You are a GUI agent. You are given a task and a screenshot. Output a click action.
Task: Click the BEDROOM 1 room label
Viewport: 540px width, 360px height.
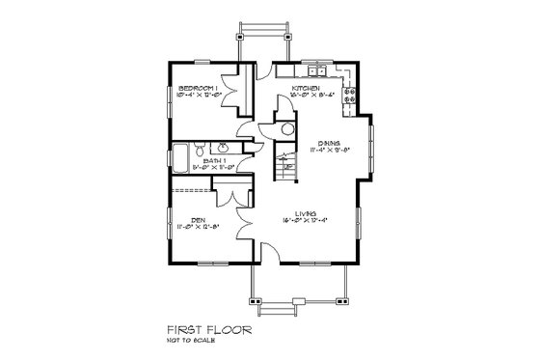point(199,88)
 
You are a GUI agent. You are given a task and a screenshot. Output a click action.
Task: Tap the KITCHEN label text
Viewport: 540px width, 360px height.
point(307,88)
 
